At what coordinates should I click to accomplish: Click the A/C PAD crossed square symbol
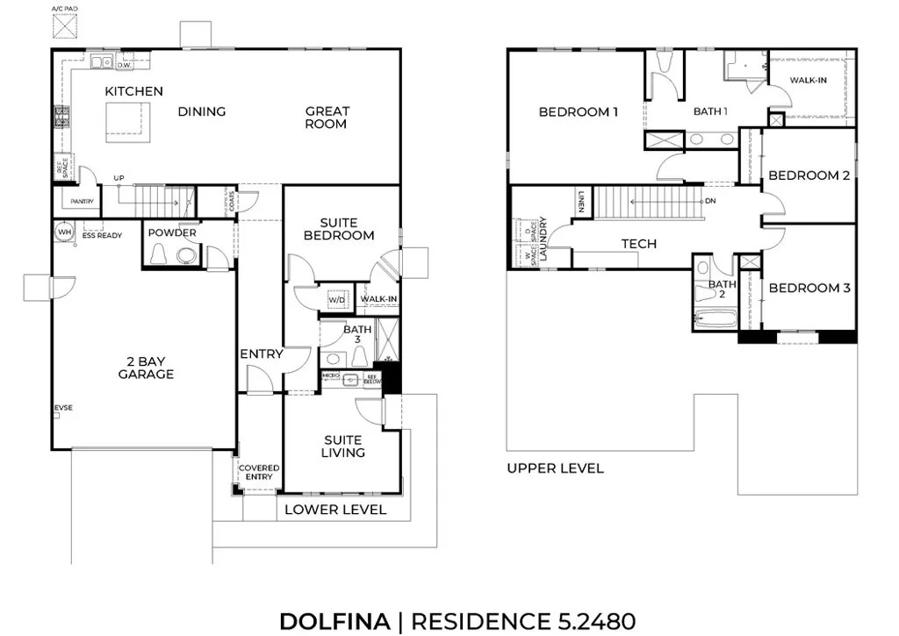[64, 26]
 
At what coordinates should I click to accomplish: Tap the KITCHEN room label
[133, 91]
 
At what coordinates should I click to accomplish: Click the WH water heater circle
[63, 232]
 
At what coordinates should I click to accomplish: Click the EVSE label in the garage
[63, 409]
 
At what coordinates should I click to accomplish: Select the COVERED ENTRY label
[259, 472]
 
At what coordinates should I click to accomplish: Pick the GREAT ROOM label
[327, 118]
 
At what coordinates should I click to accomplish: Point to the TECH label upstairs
[638, 243]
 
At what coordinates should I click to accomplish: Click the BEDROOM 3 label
[809, 288]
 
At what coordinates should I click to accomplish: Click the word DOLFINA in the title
[334, 621]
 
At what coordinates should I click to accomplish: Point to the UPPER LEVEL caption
[555, 468]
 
